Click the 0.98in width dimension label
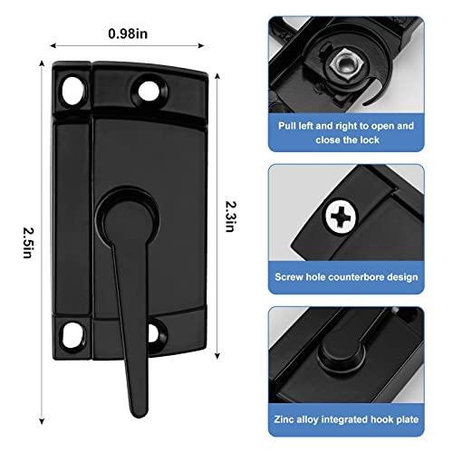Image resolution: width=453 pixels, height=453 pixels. [x=130, y=33]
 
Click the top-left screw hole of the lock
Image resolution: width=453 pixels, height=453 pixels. [x=73, y=89]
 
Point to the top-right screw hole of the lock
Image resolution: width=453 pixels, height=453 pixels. [x=145, y=89]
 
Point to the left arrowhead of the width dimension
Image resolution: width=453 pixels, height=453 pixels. [x=53, y=43]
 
